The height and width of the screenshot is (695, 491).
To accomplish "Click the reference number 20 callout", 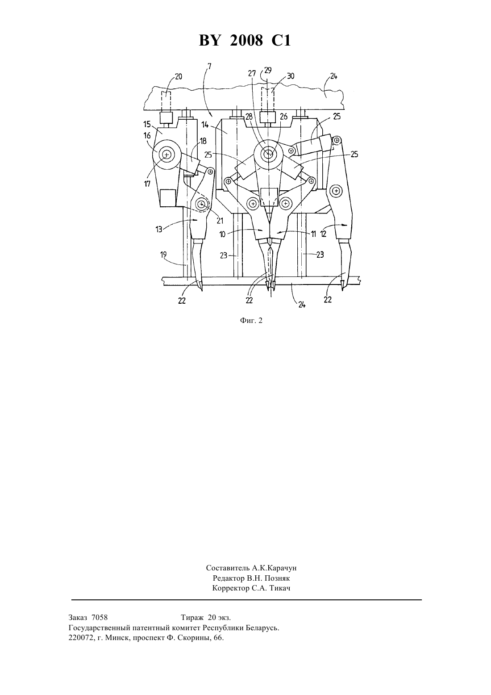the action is click(x=179, y=76).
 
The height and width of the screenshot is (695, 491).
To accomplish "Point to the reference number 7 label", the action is click(x=209, y=66).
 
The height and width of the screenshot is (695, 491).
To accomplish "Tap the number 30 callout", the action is click(x=291, y=76).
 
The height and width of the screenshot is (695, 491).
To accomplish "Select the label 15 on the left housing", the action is click(x=147, y=125).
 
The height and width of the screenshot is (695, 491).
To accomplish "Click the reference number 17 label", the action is click(x=147, y=184).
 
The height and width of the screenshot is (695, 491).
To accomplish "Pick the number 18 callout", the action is click(x=203, y=142).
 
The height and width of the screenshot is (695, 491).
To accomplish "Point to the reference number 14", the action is click(x=205, y=125).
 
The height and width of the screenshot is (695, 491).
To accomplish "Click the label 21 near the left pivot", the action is click(x=220, y=221).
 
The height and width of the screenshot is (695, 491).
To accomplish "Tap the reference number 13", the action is click(x=159, y=229).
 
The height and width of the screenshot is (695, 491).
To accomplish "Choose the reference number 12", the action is click(x=323, y=234).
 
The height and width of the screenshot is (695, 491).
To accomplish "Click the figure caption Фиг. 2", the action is click(x=251, y=321).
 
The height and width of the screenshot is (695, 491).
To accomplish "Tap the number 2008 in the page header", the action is click(x=246, y=41).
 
